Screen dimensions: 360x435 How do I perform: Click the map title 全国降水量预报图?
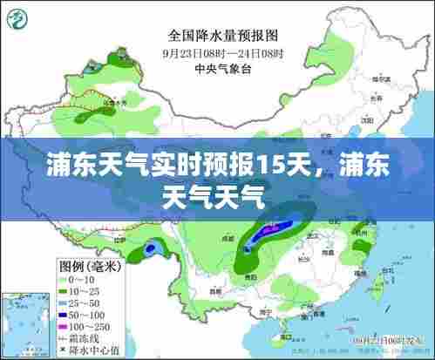pyautogui.click(x=222, y=36)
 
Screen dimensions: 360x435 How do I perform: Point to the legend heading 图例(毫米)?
pyautogui.click(x=88, y=264)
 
